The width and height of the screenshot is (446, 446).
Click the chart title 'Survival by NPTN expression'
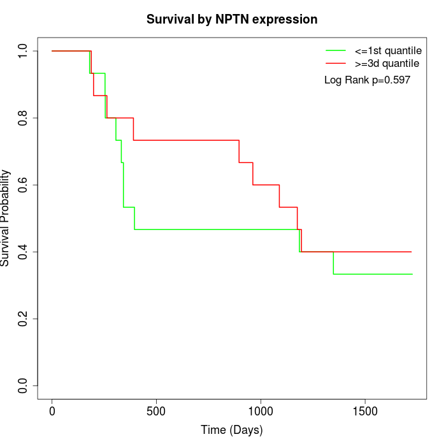(232, 19)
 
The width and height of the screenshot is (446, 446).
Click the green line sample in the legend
(336, 50)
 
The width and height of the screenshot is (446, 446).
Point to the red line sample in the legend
(336, 63)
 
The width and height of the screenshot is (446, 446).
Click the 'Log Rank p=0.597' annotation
(367, 80)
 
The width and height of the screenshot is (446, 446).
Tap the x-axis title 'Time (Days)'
(231, 430)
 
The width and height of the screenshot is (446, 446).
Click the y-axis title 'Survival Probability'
(6, 218)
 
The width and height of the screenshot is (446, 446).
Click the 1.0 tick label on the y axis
(24, 51)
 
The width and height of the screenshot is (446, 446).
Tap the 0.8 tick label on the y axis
(24, 118)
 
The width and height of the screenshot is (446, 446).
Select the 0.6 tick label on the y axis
(24, 185)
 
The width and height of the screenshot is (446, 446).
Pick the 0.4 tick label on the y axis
(24, 252)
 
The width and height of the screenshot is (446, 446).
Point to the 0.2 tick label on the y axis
(24, 319)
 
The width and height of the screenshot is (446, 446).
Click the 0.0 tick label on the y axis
(24, 385)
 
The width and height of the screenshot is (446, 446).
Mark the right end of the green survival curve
(412, 274)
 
